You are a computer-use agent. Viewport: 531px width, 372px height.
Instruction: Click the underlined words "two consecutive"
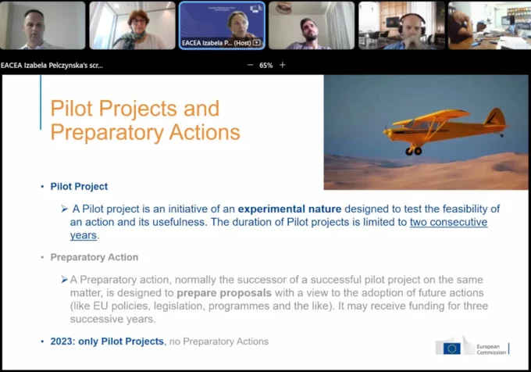(448, 222)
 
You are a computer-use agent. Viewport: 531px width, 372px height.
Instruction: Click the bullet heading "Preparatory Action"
(94, 257)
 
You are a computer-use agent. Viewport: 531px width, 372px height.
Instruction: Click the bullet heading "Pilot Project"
(79, 187)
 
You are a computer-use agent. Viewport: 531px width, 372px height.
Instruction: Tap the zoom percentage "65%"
(265, 65)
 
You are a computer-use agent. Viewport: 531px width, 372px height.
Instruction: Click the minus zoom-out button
(250, 65)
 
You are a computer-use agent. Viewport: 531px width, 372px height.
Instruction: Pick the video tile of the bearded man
(311, 26)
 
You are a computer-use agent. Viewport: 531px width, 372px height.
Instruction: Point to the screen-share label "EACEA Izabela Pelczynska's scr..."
(52, 65)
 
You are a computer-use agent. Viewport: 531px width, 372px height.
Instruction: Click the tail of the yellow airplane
(494, 118)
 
